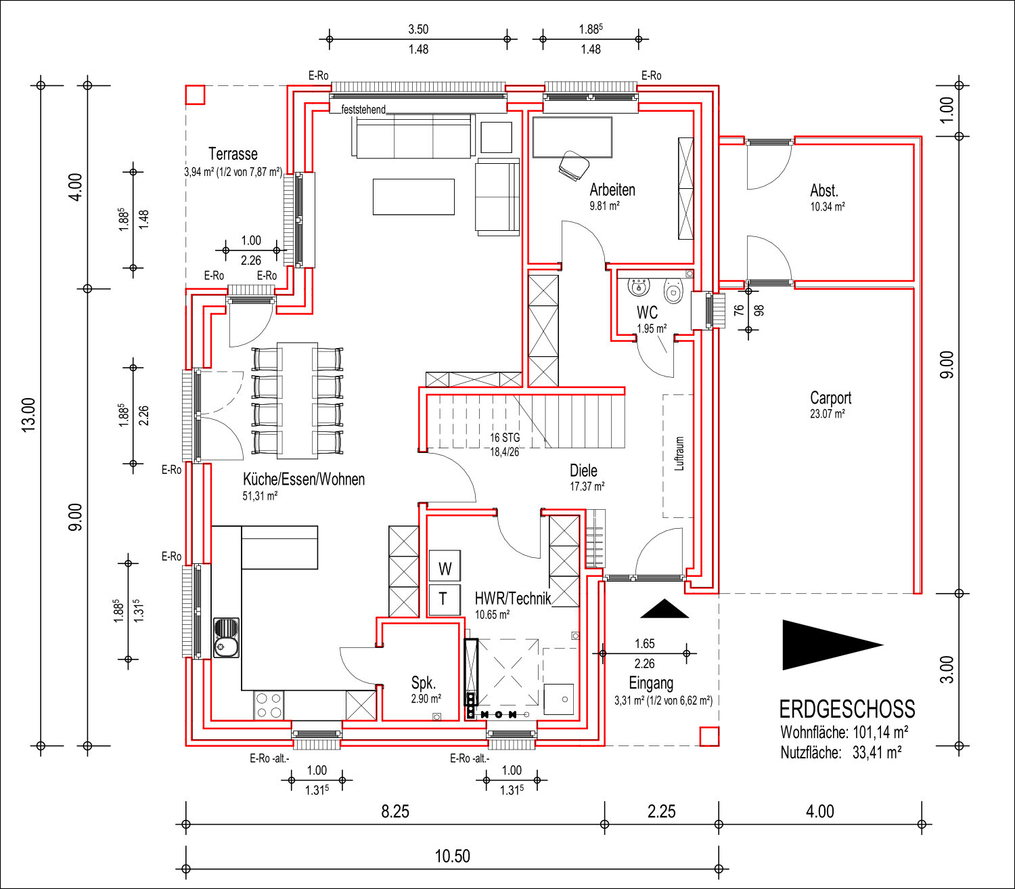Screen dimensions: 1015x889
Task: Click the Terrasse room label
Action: (233, 154)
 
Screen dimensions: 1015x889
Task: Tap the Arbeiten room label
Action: (612, 190)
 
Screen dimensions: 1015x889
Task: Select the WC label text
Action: (647, 313)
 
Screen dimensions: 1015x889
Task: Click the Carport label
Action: (830, 397)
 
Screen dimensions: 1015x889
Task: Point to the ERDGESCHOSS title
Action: (847, 710)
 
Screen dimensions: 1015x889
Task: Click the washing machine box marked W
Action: (445, 566)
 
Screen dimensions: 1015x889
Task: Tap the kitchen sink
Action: (226, 638)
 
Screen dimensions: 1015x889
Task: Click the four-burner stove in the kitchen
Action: (269, 706)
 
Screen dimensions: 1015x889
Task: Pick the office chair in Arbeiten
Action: (574, 165)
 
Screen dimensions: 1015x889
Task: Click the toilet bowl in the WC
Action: (673, 291)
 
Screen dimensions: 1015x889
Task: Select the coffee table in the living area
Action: (413, 197)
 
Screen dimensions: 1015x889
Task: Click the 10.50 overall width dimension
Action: (453, 856)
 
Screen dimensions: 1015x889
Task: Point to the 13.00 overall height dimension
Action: (29, 415)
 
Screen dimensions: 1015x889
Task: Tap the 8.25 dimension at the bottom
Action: (395, 812)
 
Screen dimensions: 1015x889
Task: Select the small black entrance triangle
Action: (664, 609)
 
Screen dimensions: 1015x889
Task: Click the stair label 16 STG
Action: (505, 437)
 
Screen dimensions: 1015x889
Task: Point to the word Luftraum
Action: (679, 454)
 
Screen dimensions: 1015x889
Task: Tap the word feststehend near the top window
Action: (363, 110)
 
